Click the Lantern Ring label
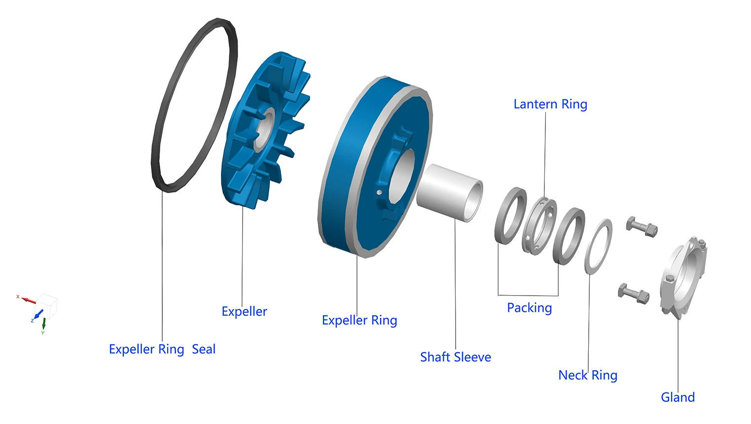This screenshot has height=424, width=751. (550, 105)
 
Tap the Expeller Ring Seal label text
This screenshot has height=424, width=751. (162, 349)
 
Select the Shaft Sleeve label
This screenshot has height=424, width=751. (455, 357)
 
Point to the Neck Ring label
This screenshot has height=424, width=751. (587, 376)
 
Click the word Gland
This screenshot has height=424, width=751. (678, 397)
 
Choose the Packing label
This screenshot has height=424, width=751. (529, 308)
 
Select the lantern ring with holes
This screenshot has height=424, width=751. (539, 226)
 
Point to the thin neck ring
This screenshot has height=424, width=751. (598, 246)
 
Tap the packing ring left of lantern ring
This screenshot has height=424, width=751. (510, 216)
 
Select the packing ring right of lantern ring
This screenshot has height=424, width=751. (569, 236)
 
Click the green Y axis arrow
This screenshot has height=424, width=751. (44, 324)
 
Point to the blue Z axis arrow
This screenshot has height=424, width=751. (37, 314)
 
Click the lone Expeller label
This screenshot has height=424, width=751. (244, 312)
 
